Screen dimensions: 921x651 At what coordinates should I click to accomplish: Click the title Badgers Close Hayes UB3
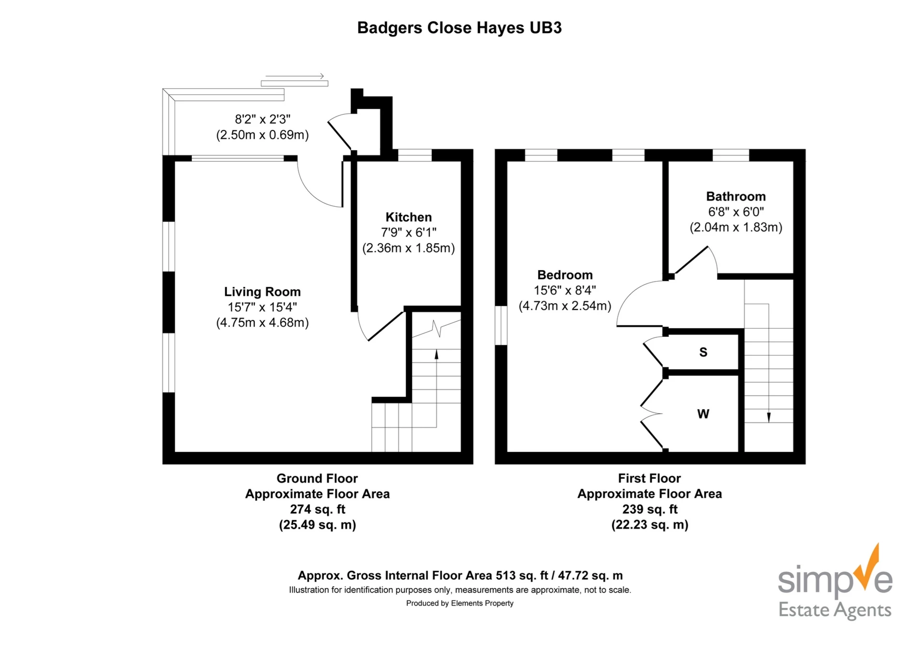(x=459, y=28)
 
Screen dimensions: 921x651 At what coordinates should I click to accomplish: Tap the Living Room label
(x=262, y=292)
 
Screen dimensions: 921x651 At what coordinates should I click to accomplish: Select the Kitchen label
(x=408, y=217)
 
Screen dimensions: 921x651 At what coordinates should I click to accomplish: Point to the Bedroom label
(x=565, y=275)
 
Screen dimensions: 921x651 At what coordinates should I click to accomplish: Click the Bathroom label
(x=735, y=196)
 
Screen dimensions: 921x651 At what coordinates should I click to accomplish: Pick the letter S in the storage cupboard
(x=703, y=352)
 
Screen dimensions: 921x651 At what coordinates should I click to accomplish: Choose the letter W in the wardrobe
(x=703, y=414)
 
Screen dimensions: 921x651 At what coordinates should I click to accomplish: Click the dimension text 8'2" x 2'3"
(x=262, y=119)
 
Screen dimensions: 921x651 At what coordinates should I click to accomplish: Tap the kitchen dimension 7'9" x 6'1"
(x=408, y=233)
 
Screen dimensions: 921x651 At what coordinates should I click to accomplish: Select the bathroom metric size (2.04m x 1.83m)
(x=735, y=227)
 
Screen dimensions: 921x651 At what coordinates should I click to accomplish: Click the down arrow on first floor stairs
(x=768, y=417)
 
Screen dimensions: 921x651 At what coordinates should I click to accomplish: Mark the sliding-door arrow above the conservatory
(x=295, y=76)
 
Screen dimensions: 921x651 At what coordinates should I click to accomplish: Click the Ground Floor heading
(x=317, y=478)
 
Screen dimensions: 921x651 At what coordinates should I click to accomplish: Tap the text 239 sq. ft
(x=649, y=509)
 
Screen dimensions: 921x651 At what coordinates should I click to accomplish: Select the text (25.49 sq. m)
(x=317, y=524)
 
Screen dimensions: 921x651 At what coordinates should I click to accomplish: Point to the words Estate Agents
(x=835, y=610)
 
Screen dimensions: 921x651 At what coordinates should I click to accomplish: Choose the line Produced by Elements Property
(x=460, y=603)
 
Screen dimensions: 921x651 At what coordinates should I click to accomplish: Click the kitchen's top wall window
(x=415, y=155)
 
